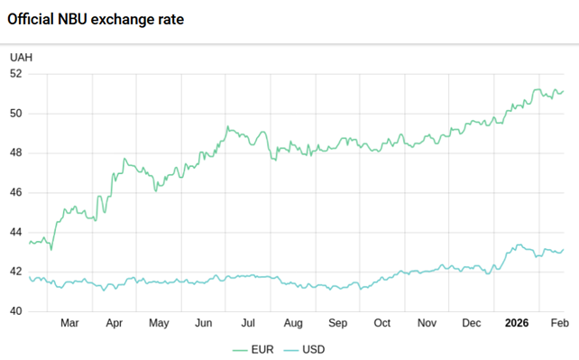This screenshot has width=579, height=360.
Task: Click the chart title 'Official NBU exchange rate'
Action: point(96,19)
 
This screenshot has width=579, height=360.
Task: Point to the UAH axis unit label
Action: point(21,58)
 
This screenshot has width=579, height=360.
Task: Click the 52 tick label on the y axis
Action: point(16,74)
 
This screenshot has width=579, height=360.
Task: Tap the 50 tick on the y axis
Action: point(16,114)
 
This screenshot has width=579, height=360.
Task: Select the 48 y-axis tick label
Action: point(16,152)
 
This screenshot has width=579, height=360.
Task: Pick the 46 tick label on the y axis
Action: point(16,192)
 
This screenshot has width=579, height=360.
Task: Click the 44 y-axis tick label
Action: point(16,232)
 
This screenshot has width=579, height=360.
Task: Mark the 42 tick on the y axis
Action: point(16,272)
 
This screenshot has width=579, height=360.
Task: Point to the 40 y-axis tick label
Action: point(16,311)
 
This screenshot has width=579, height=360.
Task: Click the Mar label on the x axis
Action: point(69,323)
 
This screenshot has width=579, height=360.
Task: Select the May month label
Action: point(159,323)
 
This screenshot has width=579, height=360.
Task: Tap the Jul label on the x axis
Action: point(248,323)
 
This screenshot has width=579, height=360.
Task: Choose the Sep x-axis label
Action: point(338,323)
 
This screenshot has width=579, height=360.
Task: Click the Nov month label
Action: point(427,323)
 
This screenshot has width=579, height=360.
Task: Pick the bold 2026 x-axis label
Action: point(517,323)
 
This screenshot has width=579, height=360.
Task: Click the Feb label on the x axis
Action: point(560,323)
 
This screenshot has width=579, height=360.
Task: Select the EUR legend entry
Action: point(253,349)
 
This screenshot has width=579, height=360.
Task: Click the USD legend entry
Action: point(304,349)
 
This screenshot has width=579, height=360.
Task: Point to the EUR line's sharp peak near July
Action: point(228,126)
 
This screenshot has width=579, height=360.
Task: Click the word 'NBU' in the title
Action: point(72,19)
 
